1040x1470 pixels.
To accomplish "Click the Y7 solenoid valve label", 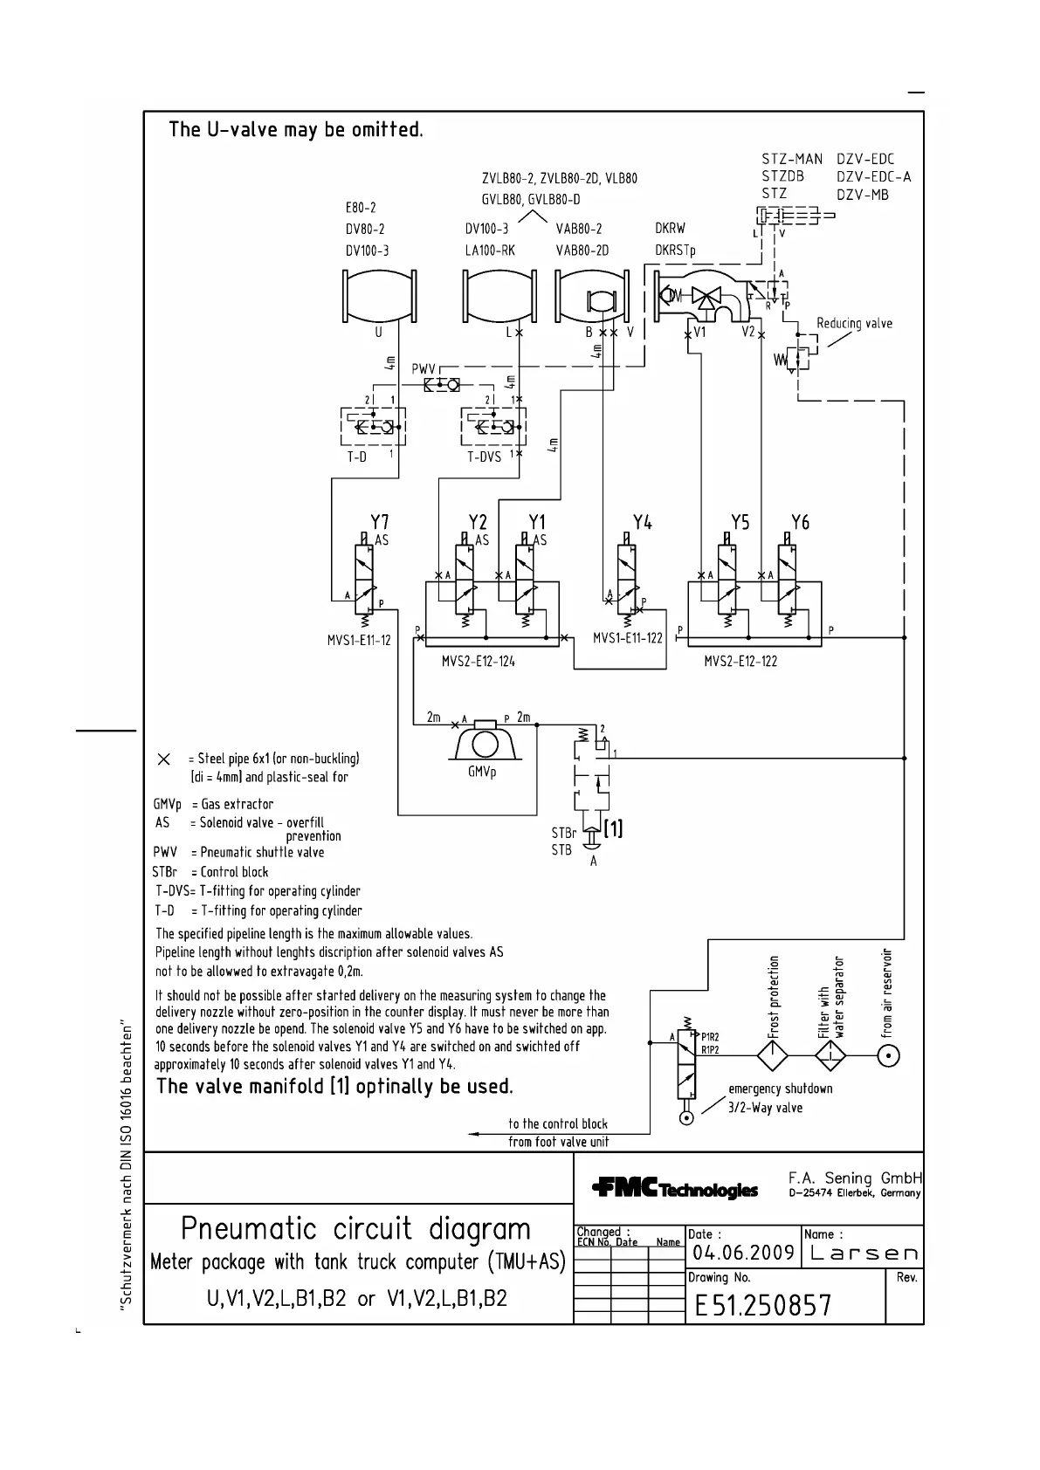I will pos(379,522).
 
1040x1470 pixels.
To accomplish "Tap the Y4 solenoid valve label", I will pos(643,522).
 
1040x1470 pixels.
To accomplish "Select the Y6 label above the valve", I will pos(800,522).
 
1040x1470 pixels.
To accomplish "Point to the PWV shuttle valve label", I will pos(424,369).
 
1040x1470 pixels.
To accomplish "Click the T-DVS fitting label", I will pos(484,457).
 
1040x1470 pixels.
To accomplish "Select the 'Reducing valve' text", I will pos(854,324).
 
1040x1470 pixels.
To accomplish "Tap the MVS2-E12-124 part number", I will pos(478,661).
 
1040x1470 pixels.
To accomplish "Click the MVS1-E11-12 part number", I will pos(359,640).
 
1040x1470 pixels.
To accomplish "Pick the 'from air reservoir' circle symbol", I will pos(888,1055).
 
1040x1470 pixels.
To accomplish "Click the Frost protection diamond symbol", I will pos(772,1055).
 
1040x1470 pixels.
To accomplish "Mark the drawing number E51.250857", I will pos(763,1305).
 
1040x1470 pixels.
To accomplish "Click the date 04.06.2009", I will pos(742,1254).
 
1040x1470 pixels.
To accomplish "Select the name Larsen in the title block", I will pos(861,1254).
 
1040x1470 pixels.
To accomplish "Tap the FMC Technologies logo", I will pos(674,1189).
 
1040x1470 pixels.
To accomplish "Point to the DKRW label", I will pos(670,229).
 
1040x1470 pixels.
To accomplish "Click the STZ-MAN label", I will pos(792,159).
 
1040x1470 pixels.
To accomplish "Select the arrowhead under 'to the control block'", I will pos(473,1133).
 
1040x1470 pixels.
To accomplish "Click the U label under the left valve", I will pos(379,333).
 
